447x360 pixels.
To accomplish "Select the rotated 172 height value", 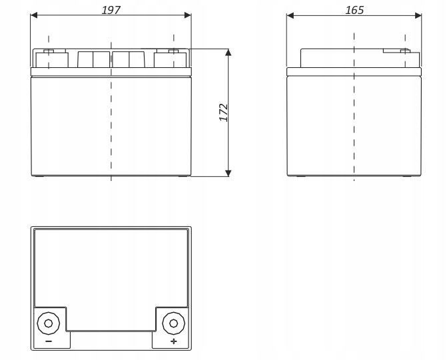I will tap(224, 112).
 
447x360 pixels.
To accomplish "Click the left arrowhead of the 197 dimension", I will tap(34, 15).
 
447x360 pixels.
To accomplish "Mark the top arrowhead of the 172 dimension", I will tap(228, 53).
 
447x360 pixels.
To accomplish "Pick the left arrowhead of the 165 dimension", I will tap(290, 15).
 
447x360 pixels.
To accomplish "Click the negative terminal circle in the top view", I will tap(48, 324).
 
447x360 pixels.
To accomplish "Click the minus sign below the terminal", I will tap(48, 341).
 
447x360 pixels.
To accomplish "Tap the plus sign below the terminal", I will tap(174, 341).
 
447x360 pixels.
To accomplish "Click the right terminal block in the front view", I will tap(171, 59).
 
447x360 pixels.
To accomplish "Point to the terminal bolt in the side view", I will tap(402, 51).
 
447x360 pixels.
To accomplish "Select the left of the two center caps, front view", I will tap(93, 59).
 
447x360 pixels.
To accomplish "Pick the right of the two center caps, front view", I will tap(129, 59).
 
